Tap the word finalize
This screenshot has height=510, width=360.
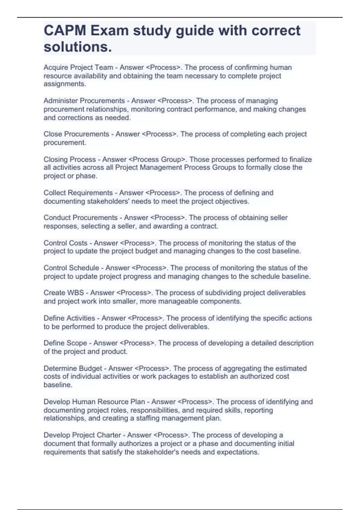pos(301,159)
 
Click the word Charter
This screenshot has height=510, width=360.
pos(109,435)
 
